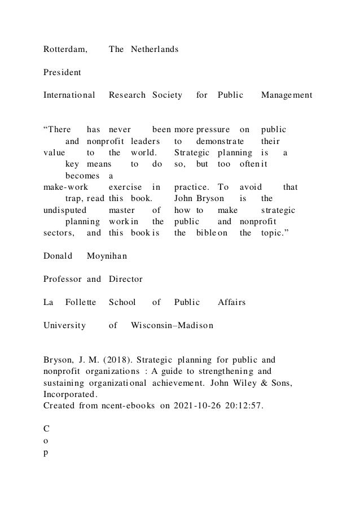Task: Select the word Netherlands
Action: point(155,49)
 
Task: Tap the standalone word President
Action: point(62,72)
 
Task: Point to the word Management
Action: point(287,96)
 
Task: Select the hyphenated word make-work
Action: point(63,186)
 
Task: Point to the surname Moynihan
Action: point(107,256)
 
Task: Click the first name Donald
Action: point(58,256)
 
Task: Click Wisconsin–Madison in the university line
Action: point(172,325)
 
